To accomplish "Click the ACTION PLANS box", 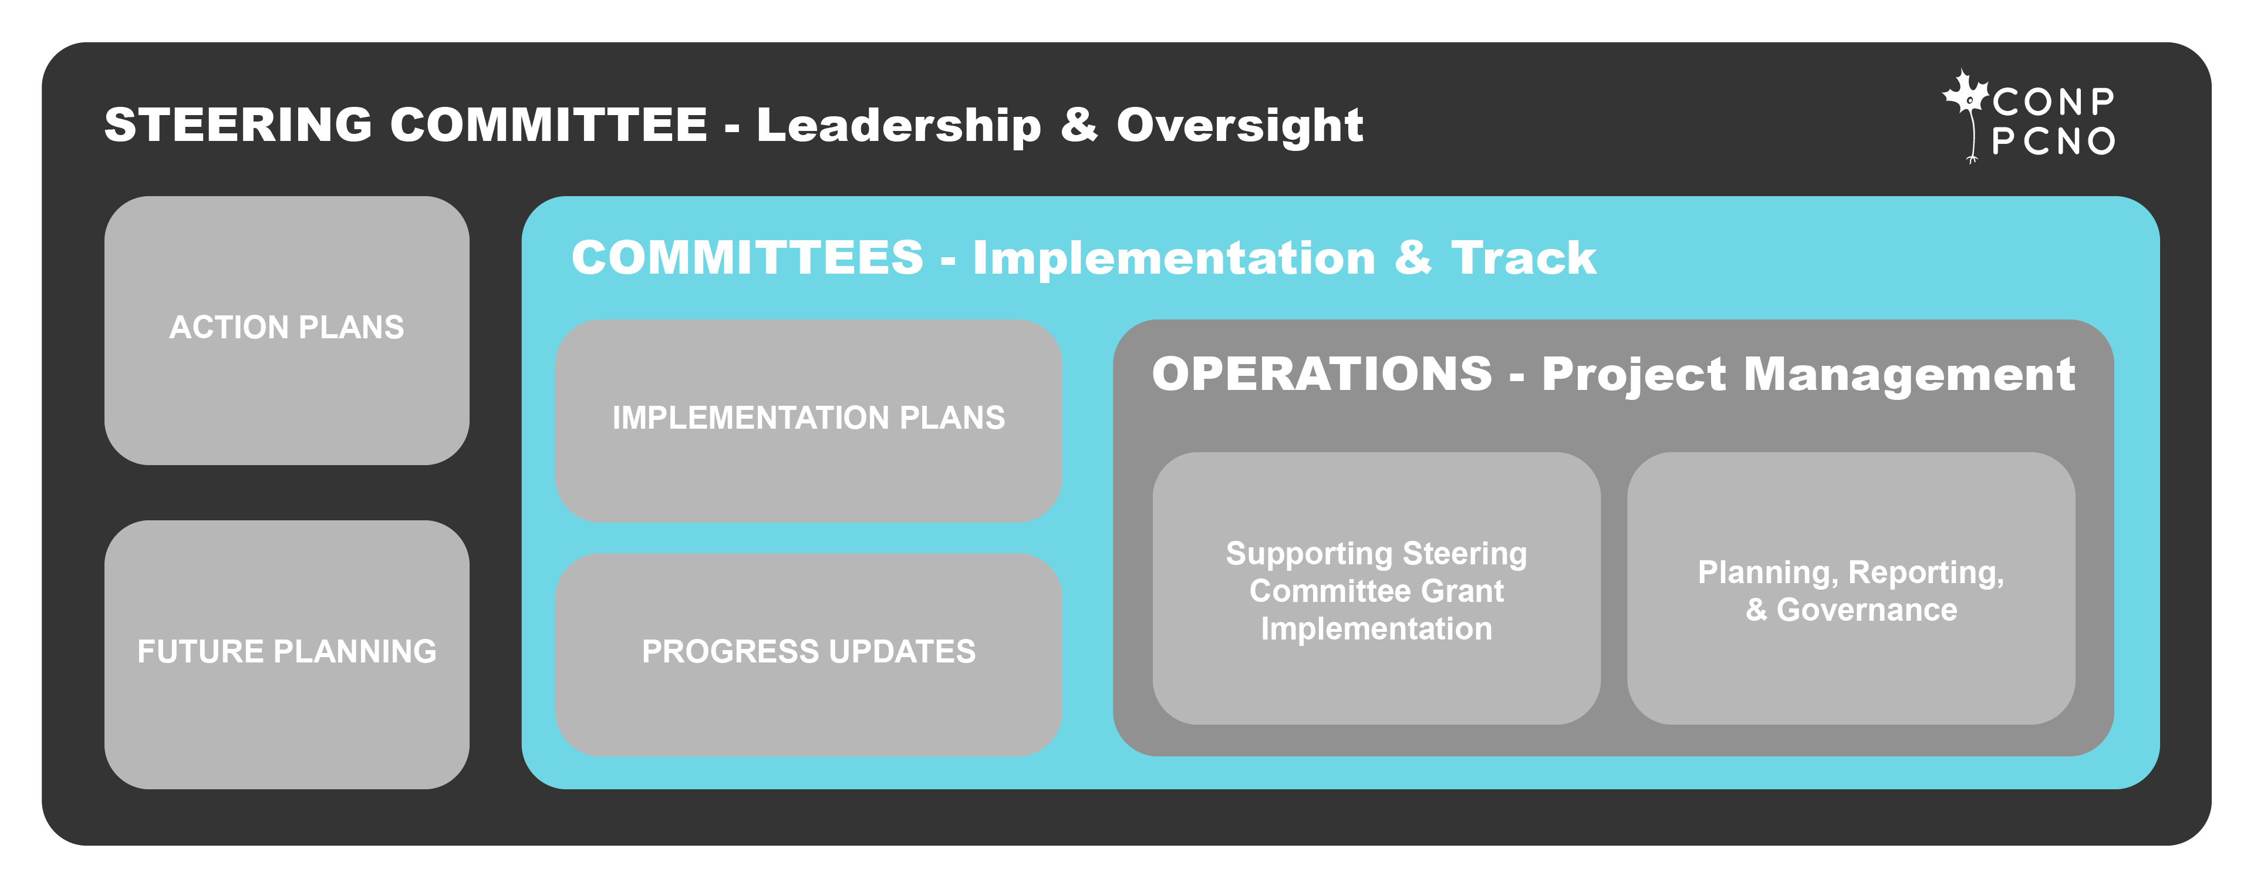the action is click(287, 330).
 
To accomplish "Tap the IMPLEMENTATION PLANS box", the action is click(808, 421).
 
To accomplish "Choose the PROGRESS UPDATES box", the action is click(808, 654).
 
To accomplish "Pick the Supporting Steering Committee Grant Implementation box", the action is click(1376, 588).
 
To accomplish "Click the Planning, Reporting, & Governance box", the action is click(1851, 588).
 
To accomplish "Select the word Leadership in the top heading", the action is click(899, 125).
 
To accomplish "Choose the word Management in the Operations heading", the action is click(1909, 375).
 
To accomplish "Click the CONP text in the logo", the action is click(2054, 102).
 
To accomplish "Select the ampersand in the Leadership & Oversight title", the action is click(1079, 124).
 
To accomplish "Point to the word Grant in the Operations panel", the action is click(1463, 591).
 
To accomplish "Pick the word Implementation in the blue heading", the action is click(1174, 259).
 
